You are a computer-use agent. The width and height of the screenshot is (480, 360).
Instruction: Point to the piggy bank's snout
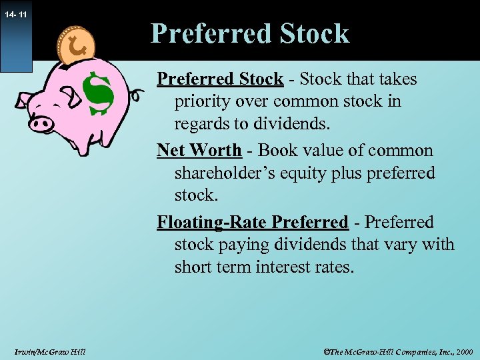(x=42, y=123)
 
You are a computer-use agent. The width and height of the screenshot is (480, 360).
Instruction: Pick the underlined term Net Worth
(x=199, y=150)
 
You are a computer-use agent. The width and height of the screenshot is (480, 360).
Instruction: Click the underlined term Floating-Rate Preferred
(x=252, y=221)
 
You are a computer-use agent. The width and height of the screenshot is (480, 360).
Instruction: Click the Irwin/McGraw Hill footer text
(x=49, y=351)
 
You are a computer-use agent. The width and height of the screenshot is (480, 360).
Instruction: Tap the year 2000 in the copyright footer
(x=463, y=351)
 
